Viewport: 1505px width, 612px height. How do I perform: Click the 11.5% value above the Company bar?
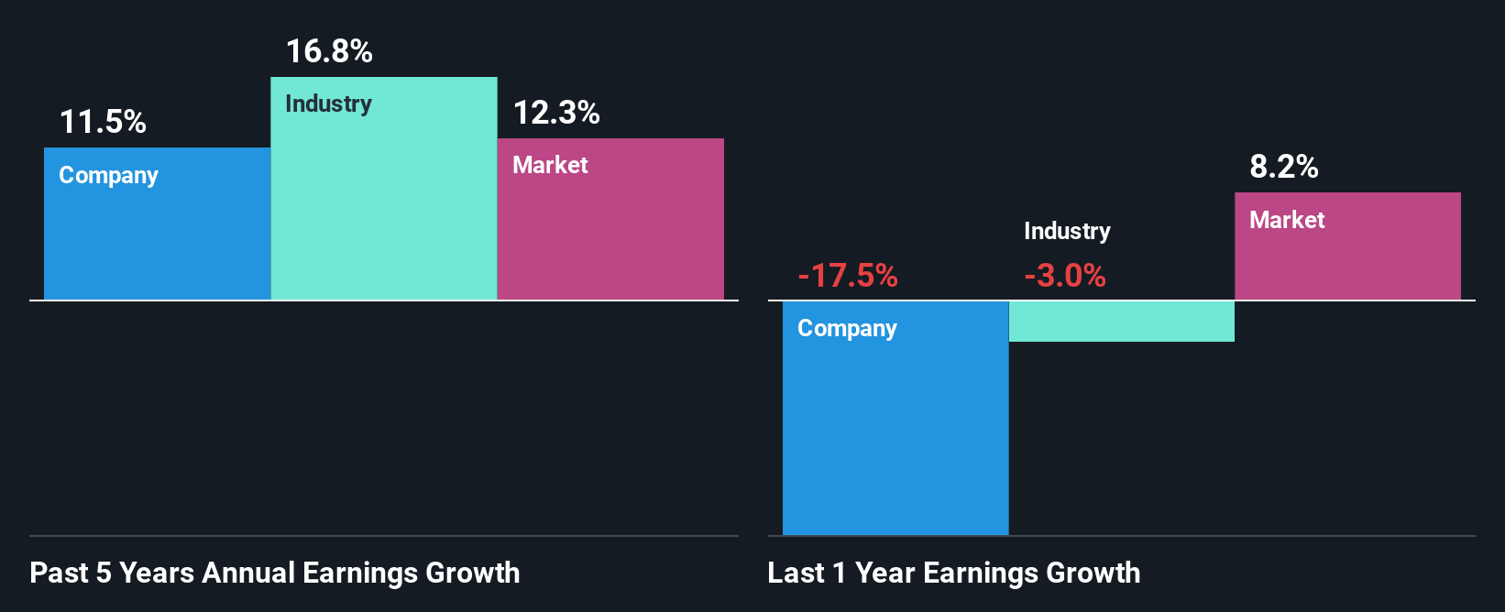click(103, 122)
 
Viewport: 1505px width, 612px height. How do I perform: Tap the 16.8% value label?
click(329, 51)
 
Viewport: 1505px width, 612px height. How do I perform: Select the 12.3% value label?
click(555, 113)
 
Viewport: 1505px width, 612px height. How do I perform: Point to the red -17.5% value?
click(847, 275)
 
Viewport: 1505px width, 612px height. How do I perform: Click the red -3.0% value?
click(1064, 275)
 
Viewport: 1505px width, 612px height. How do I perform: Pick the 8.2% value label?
click(1283, 167)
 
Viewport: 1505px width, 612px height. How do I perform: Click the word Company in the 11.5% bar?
click(108, 175)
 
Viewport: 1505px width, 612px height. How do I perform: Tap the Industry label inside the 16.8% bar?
click(328, 104)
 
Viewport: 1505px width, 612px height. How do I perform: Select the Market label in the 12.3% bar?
click(550, 165)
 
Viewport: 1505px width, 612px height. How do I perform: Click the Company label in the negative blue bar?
click(847, 328)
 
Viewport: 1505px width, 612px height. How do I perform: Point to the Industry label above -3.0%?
click(1067, 231)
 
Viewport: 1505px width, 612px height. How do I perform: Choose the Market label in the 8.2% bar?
click(1287, 220)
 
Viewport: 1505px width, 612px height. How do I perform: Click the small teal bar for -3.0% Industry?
click(1121, 322)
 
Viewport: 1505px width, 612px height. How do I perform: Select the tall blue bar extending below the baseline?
click(895, 431)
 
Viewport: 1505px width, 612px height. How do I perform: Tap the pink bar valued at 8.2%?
click(1347, 261)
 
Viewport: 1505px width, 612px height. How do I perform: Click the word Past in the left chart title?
click(60, 573)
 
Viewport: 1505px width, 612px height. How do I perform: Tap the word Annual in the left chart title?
click(248, 573)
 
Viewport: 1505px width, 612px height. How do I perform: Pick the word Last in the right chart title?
click(796, 573)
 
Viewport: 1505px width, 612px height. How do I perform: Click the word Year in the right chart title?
click(884, 573)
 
